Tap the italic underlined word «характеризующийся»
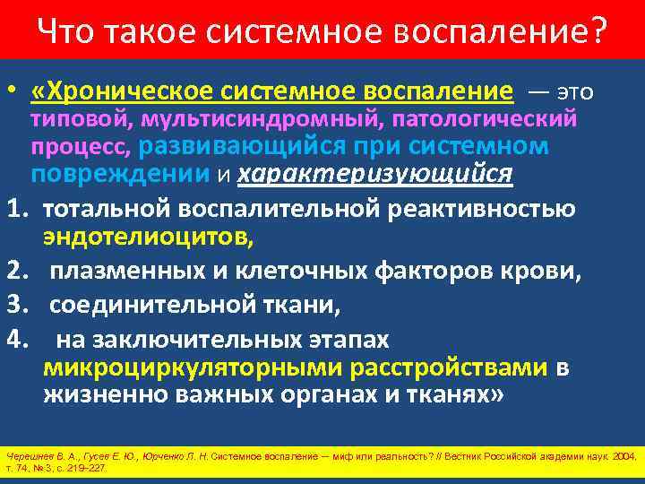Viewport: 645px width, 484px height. pos(374,173)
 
